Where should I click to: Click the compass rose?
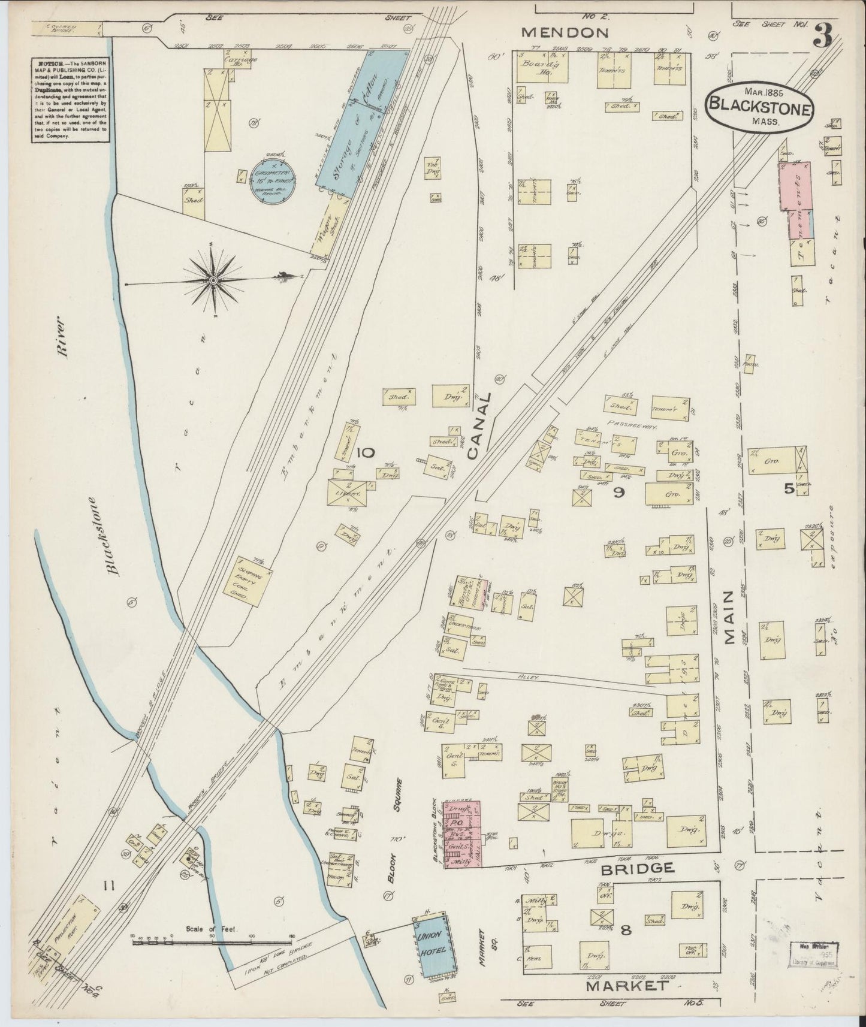pos(213,280)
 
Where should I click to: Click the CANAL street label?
pos(483,426)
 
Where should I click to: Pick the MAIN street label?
pos(729,617)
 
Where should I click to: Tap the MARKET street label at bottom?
pos(626,986)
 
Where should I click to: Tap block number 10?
pos(366,453)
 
